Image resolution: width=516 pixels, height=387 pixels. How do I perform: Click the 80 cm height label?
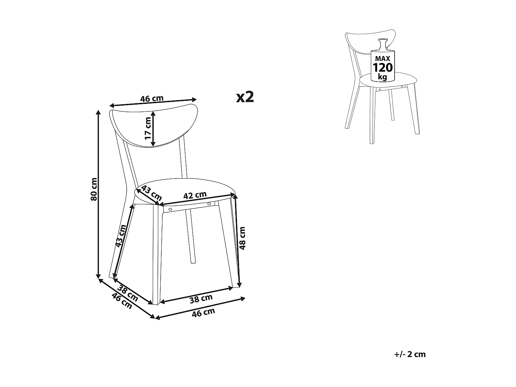click(94, 189)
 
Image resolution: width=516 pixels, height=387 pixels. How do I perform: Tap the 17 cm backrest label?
click(148, 128)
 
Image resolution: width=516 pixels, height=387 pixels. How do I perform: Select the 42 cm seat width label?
click(195, 195)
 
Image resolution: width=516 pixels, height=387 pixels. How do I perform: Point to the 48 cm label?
click(243, 238)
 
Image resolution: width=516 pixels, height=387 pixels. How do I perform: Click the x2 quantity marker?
click(245, 97)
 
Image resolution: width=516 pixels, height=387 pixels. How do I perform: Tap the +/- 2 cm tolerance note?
click(410, 354)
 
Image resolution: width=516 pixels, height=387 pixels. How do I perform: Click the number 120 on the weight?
click(383, 67)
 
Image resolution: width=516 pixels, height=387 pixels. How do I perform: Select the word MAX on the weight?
click(383, 58)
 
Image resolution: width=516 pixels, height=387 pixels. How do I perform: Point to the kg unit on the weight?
click(382, 76)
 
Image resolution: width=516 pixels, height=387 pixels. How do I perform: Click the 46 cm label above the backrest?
click(152, 99)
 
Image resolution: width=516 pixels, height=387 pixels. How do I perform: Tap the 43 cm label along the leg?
click(121, 236)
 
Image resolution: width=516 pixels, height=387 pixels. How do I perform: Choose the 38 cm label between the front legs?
click(201, 299)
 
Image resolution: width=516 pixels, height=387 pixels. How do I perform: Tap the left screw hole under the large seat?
click(170, 209)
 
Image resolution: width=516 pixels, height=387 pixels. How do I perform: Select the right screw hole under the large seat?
click(208, 204)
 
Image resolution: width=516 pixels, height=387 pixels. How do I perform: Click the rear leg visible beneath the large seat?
click(190, 237)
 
